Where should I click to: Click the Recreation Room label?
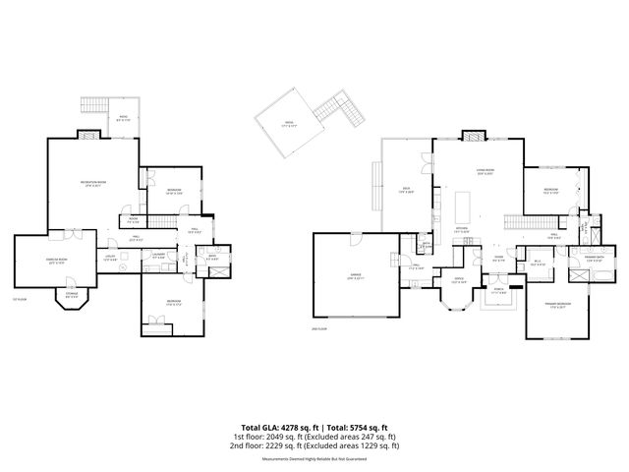click(x=93, y=184)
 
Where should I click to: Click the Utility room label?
click(x=110, y=256)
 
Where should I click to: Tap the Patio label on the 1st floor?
click(x=123, y=118)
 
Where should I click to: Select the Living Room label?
click(x=485, y=172)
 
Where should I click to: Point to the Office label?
click(x=458, y=279)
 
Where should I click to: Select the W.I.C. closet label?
click(x=538, y=263)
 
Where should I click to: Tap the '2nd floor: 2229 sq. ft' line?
click(x=314, y=445)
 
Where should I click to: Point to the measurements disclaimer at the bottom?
click(x=314, y=458)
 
